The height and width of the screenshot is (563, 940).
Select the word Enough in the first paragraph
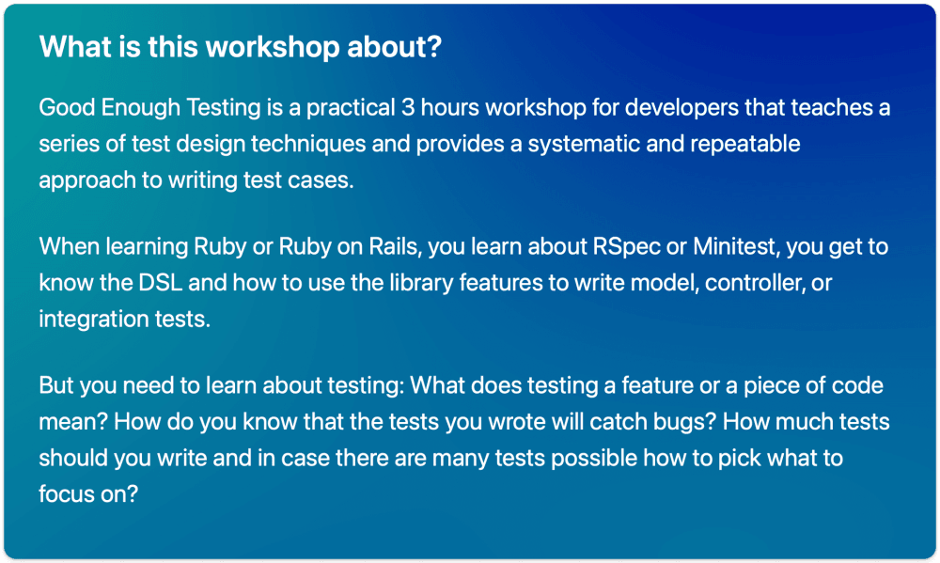click(x=140, y=108)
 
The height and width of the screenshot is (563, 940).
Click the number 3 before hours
click(x=408, y=108)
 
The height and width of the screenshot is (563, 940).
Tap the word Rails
click(x=394, y=246)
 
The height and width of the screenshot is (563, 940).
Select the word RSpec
click(x=626, y=247)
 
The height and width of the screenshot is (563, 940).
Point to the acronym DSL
click(x=161, y=283)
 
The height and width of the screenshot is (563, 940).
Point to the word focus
click(x=65, y=494)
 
